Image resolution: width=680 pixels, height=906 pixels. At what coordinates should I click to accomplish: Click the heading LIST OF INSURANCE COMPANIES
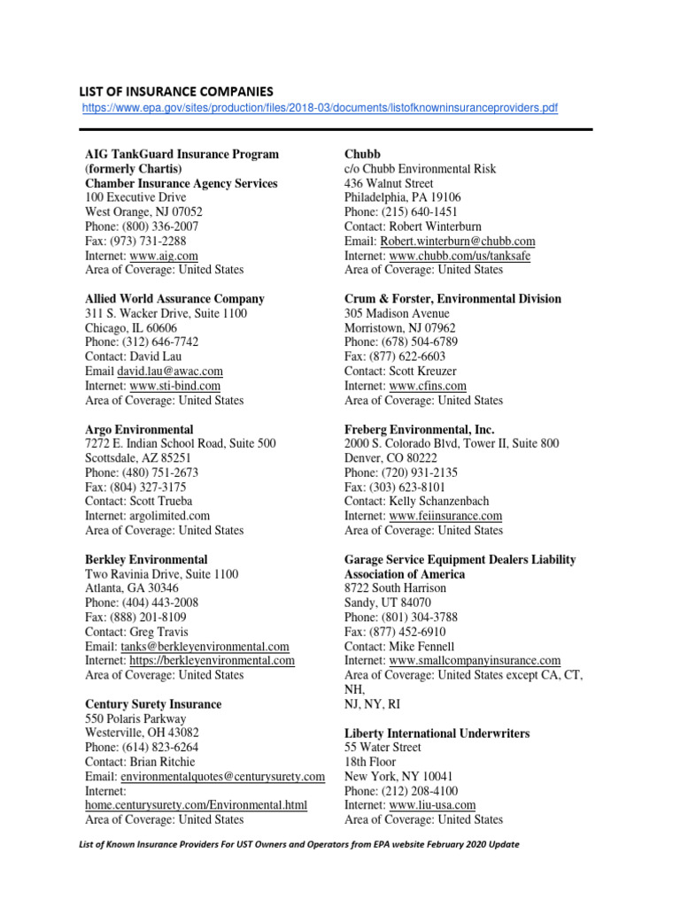[x=176, y=91]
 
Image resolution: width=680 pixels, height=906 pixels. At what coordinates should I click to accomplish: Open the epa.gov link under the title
[x=320, y=108]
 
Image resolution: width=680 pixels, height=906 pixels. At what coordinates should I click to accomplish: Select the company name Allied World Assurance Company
[x=174, y=299]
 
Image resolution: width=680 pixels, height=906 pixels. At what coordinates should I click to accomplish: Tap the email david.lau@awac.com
[x=170, y=372]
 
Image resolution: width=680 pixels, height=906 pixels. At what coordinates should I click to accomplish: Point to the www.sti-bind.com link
[x=175, y=386]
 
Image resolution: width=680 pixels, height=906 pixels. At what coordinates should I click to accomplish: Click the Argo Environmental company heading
[x=139, y=429]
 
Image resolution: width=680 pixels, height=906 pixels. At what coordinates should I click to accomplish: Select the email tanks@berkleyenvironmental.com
[x=205, y=647]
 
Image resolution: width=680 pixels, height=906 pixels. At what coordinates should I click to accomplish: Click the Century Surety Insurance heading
[x=153, y=704]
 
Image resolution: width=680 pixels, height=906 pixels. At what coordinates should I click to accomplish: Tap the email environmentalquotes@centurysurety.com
[x=223, y=777]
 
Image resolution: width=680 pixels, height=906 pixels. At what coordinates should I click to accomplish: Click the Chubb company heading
[x=362, y=154]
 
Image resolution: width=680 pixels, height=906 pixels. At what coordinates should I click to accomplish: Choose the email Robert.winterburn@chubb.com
[x=458, y=242]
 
